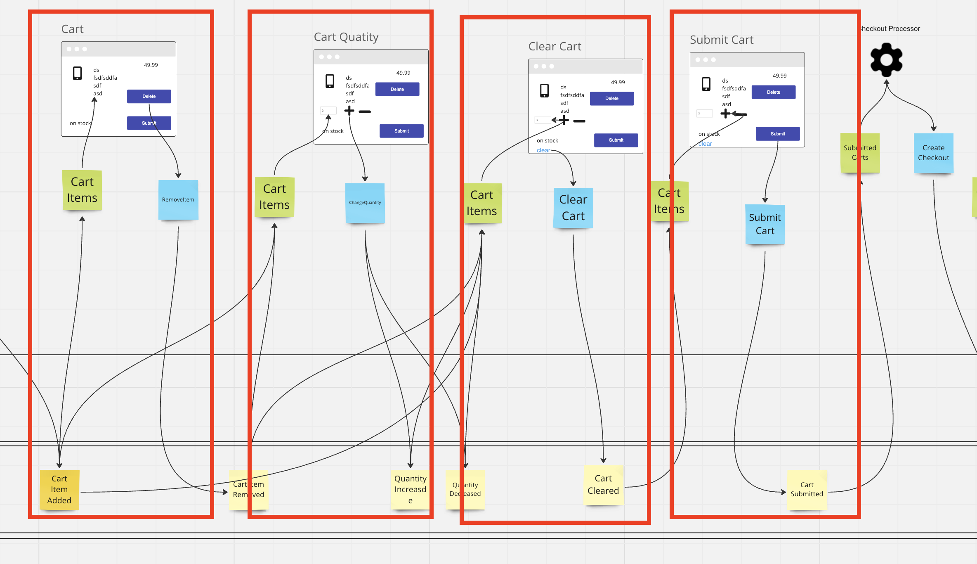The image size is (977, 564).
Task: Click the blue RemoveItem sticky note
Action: (178, 200)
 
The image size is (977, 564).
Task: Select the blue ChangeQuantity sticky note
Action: (365, 203)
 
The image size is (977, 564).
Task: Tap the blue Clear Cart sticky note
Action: (573, 208)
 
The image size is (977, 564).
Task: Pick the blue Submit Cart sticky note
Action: (765, 224)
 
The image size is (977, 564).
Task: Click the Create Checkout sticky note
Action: (933, 153)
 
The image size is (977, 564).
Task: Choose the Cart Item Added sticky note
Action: (59, 489)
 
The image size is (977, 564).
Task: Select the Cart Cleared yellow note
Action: (603, 485)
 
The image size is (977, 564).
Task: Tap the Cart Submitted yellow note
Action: (807, 489)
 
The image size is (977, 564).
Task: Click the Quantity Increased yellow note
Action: (410, 489)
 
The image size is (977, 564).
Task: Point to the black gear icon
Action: (886, 60)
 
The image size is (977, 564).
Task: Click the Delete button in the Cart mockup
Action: (149, 96)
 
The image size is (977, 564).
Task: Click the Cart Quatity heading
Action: (346, 37)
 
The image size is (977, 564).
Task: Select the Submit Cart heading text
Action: (722, 40)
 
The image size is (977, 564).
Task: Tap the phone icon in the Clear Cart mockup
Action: (544, 90)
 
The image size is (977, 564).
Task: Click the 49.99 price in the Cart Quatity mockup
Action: (403, 73)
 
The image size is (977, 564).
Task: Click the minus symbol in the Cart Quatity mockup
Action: (365, 111)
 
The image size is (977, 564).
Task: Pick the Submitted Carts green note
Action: (860, 153)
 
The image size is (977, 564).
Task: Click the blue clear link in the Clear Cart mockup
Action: (543, 151)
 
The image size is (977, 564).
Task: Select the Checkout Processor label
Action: (890, 29)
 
